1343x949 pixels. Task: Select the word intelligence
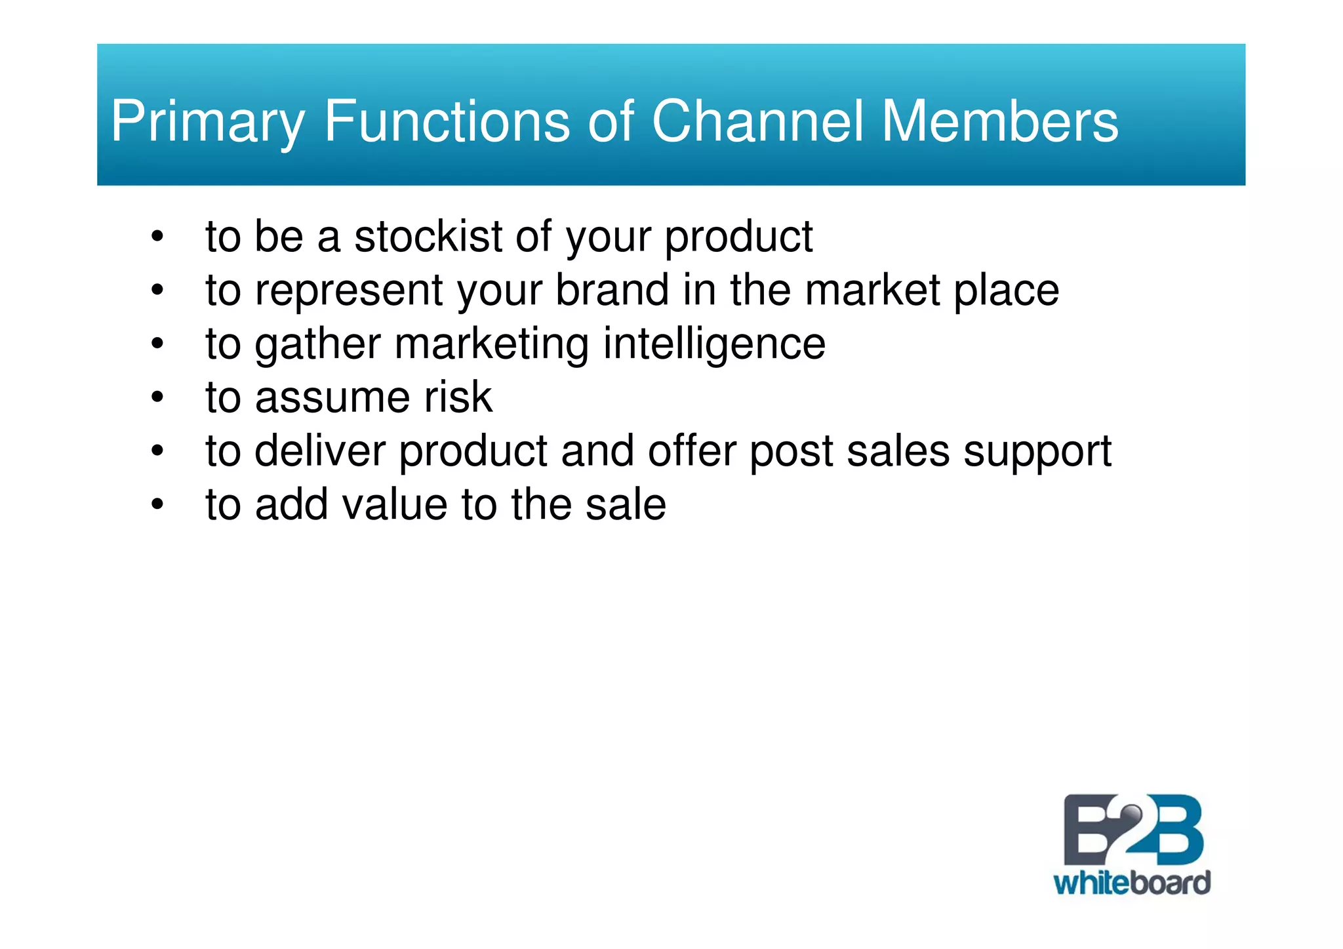coord(714,344)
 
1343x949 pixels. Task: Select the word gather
coord(318,344)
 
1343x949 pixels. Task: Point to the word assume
coord(332,398)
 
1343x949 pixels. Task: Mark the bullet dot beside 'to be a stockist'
coord(157,236)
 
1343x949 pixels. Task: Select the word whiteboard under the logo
coord(1132,883)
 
